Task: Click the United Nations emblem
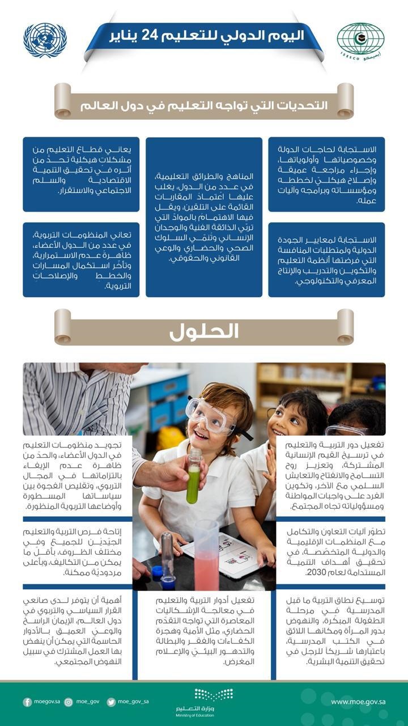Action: click(x=45, y=40)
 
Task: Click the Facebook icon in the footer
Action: click(x=27, y=702)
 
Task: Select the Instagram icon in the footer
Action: click(x=69, y=702)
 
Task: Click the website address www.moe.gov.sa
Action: click(x=355, y=702)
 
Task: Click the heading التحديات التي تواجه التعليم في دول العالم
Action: click(x=204, y=106)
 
